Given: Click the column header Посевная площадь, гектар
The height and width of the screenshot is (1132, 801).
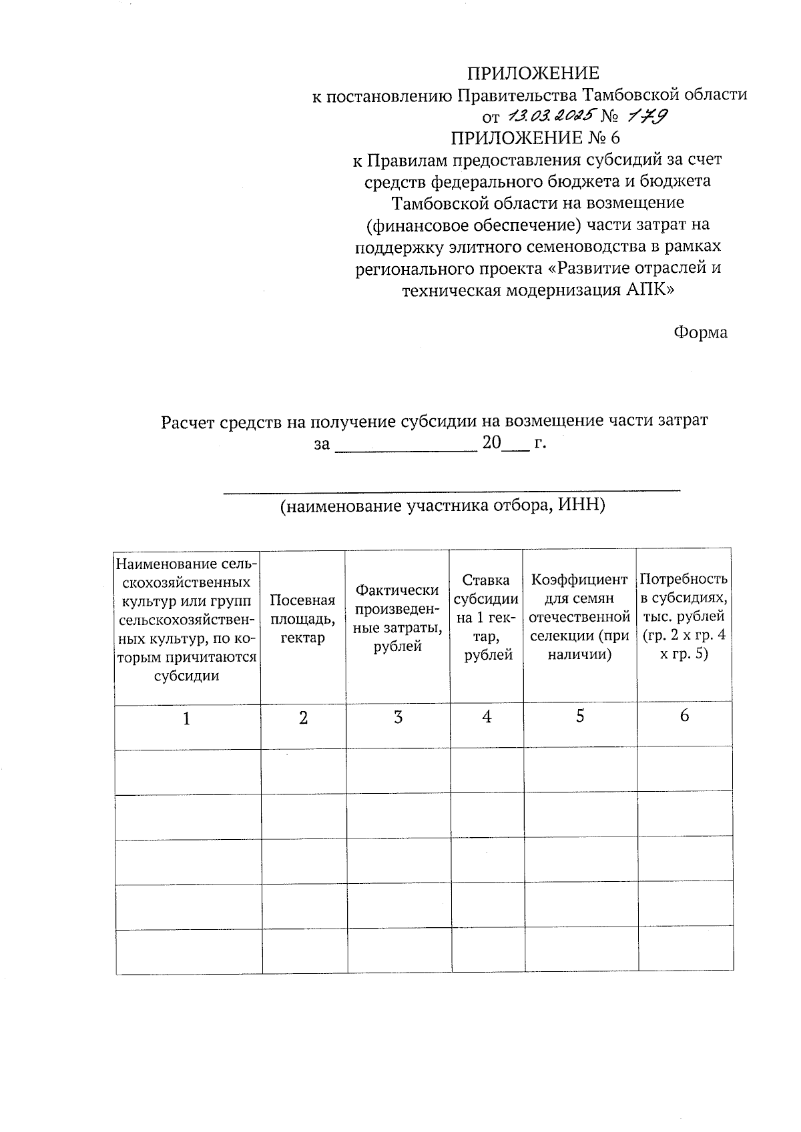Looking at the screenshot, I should tap(302, 618).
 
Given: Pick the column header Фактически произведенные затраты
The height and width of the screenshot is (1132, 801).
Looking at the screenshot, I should tap(398, 618).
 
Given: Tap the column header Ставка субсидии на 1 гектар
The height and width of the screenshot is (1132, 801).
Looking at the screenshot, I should tap(487, 618).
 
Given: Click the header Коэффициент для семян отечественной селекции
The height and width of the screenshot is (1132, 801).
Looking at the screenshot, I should tap(579, 617).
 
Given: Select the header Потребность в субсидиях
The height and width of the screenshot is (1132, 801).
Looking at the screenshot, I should tap(684, 616).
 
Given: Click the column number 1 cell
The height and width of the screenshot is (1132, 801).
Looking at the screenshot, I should tap(187, 719).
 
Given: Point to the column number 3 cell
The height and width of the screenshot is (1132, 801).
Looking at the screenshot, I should tap(398, 718).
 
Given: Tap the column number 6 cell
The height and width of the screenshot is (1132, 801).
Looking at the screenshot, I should tap(684, 716).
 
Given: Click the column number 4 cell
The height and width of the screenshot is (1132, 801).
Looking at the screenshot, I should tap(487, 717).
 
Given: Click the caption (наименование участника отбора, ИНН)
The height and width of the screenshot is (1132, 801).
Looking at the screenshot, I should tap(442, 506).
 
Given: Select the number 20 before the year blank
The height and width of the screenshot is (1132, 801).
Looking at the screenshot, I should tap(491, 442).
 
